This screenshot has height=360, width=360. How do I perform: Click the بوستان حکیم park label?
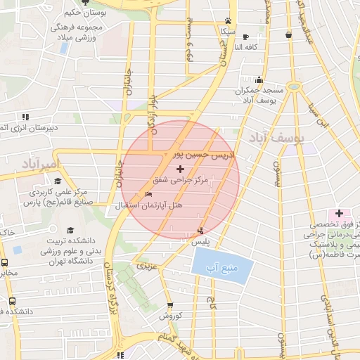pos(87,13)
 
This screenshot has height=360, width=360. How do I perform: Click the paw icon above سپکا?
pos(228,20)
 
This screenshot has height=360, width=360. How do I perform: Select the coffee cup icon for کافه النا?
pos(245,37)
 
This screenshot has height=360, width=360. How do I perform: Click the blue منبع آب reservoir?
pos(221,266)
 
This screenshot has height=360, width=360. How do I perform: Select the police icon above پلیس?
pos(202,230)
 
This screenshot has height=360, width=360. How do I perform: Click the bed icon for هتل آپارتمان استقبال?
pos(148,195)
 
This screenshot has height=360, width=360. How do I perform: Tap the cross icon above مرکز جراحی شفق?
pos(181,169)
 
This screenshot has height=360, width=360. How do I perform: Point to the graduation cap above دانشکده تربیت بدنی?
pos(70,230)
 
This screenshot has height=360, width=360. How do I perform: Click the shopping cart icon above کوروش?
pos(170,305)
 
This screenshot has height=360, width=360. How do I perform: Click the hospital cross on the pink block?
pos(339,213)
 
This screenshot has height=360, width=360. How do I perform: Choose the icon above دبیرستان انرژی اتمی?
pos(25,117)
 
